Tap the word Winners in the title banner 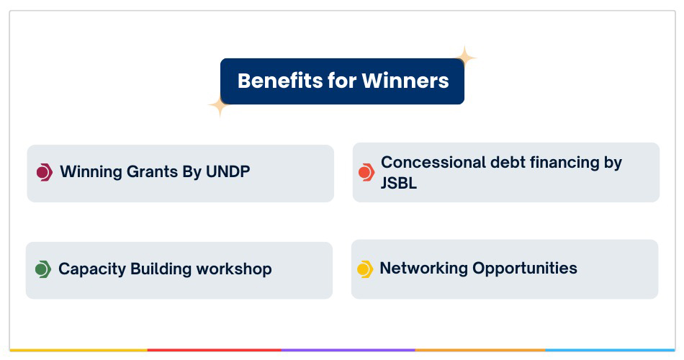coord(405,81)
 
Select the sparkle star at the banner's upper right coord(465,57)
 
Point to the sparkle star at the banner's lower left coord(220,105)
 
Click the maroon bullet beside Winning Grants coord(45,172)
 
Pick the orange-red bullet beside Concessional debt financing coord(366,172)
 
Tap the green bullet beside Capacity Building coord(43,269)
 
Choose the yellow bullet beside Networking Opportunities coord(365,269)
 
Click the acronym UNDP coord(228,171)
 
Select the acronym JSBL coord(399,183)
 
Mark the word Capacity coord(92,269)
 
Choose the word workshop coord(234,269)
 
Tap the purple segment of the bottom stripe coord(348,350)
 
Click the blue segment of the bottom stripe coord(611,350)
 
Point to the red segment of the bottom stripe coord(214,350)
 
